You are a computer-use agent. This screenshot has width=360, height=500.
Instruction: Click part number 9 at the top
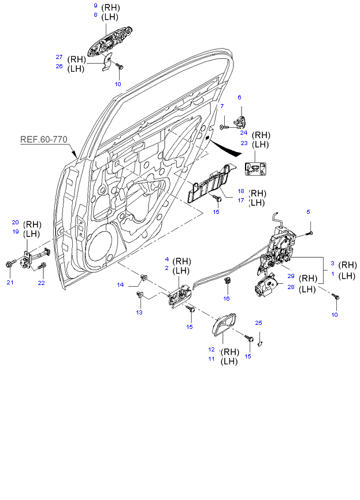point(96,6)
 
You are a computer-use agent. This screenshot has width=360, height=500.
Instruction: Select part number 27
point(59,57)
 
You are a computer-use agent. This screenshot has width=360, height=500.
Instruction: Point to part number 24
point(244,132)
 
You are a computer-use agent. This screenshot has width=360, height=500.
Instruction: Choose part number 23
point(244,142)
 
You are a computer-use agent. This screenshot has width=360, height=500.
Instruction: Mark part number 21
point(10,282)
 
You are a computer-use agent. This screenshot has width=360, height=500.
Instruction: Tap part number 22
point(41,282)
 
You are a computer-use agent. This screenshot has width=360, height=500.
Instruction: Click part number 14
point(121,284)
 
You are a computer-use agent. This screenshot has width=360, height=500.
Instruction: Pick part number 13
point(139,312)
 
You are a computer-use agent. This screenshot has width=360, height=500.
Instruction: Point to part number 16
point(227,298)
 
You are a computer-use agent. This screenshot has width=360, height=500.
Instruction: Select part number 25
point(259,323)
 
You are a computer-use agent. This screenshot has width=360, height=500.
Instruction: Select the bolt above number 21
point(10,264)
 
